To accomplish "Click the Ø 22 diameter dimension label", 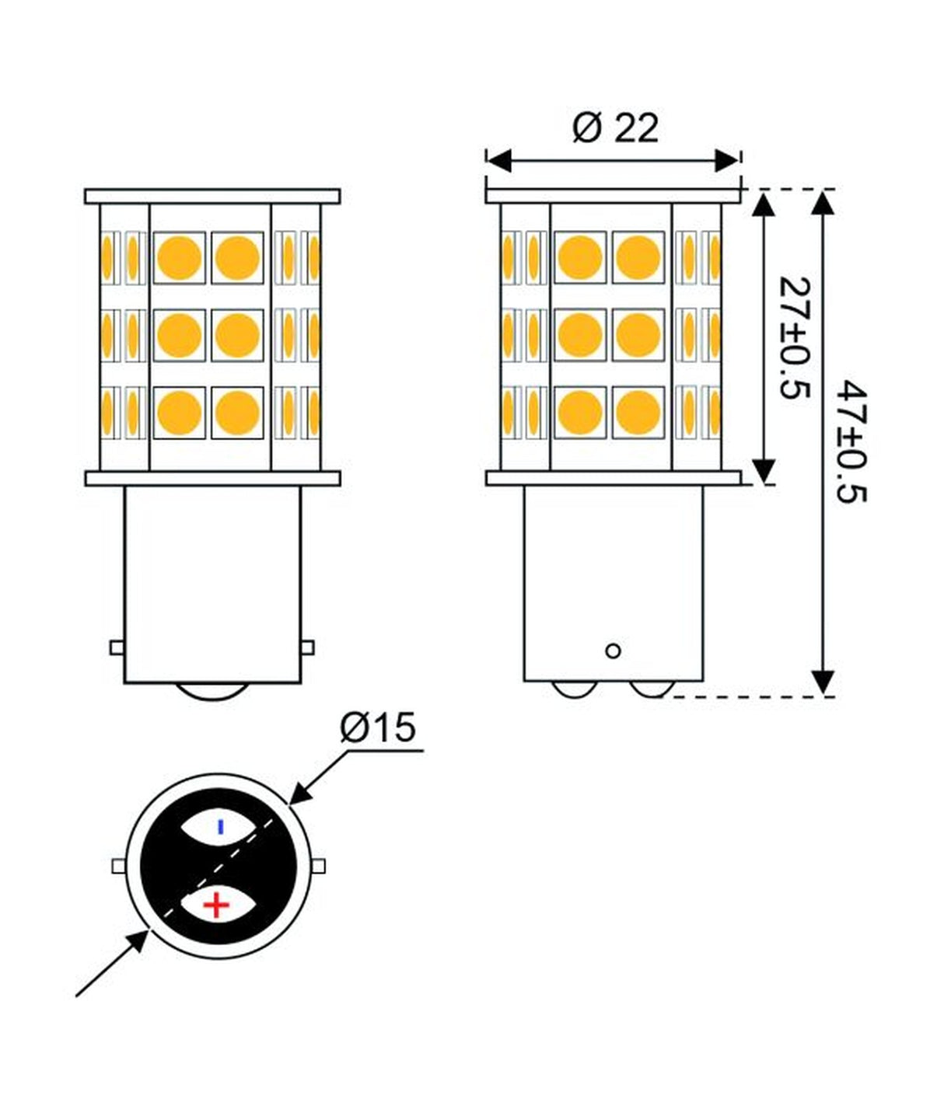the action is (615, 128).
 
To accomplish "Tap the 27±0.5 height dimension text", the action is (794, 336).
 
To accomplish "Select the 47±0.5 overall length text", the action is (851, 441).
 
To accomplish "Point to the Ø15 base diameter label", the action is (378, 728).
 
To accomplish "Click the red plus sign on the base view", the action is (216, 905).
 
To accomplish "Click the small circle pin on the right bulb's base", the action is (613, 651).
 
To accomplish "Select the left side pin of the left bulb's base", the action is (117, 647).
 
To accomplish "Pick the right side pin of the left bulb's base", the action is (307, 647).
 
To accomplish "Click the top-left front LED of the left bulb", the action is (180, 257).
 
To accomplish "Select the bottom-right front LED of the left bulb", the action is (237, 413).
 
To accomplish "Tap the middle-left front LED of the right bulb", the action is (581, 335).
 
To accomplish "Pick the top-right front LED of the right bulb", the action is (638, 257).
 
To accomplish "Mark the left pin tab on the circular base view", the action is (118, 866).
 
